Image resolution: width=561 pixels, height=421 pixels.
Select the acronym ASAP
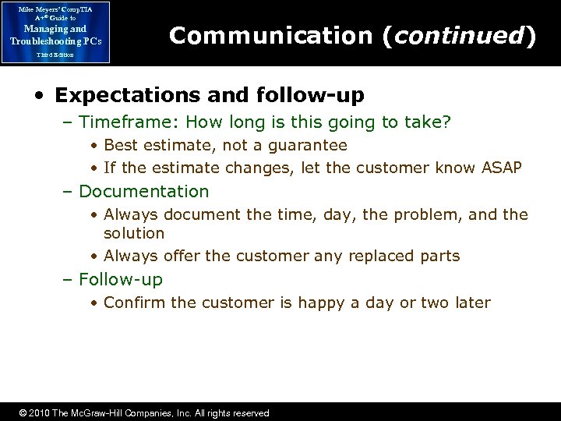pyautogui.click(x=501, y=168)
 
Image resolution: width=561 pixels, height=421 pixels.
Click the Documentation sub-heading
pyautogui.click(x=144, y=191)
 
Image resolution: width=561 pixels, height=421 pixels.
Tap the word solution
pyautogui.click(x=134, y=233)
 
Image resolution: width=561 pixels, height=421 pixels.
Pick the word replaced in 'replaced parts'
pyautogui.click(x=376, y=256)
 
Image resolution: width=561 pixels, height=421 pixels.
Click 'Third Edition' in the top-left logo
pyautogui.click(x=55, y=55)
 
